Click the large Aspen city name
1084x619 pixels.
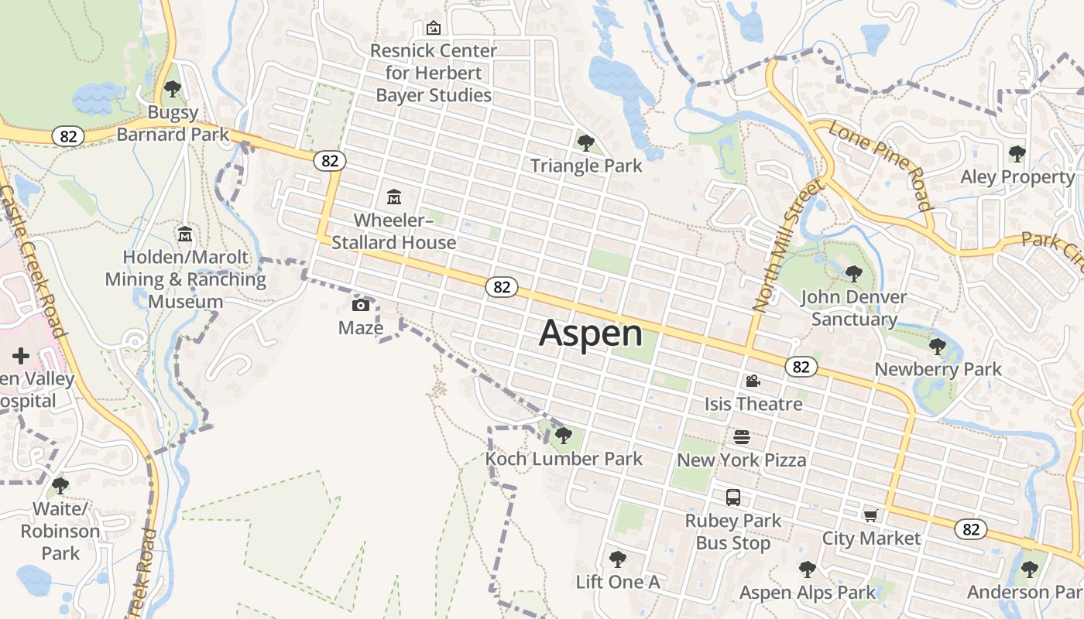click(591, 333)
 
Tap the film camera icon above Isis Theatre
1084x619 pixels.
click(753, 381)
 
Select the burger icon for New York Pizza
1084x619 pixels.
click(742, 437)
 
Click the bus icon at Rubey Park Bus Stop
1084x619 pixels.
click(732, 498)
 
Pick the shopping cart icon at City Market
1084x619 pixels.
click(871, 515)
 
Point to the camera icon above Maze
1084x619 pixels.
click(361, 305)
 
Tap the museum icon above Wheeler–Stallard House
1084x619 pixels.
click(394, 197)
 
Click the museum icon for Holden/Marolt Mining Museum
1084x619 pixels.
click(185, 234)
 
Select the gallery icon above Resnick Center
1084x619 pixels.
click(434, 28)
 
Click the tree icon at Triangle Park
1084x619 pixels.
click(586, 142)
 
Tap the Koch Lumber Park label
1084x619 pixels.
click(564, 459)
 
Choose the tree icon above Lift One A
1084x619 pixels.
click(617, 559)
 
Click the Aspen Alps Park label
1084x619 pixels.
click(808, 593)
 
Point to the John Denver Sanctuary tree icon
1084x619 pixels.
click(853, 273)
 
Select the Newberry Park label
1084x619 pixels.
click(938, 370)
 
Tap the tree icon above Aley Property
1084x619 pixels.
click(1017, 154)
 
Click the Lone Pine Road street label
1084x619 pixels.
click(880, 166)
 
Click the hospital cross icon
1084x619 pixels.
click(21, 356)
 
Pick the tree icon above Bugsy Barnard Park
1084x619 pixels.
click(173, 89)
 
